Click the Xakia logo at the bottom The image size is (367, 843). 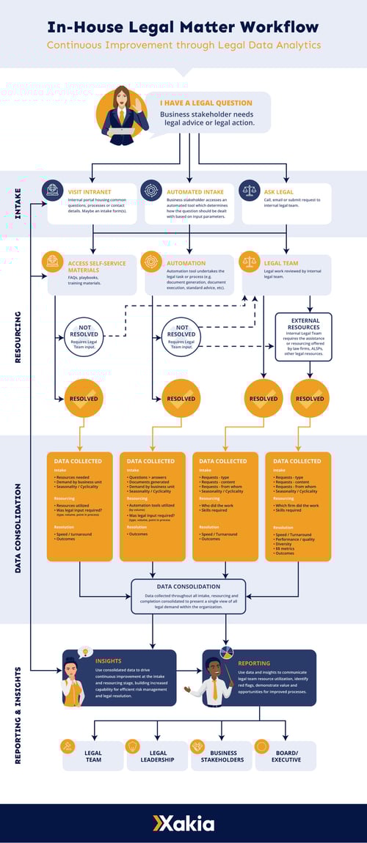click(x=183, y=822)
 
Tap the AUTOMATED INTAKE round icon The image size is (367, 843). click(x=150, y=190)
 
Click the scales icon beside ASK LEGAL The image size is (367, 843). click(x=250, y=190)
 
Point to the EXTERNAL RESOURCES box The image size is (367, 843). click(x=303, y=336)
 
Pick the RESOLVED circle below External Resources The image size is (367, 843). click(x=309, y=399)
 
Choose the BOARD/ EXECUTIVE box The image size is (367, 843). click(x=286, y=757)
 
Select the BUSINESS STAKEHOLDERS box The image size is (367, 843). click(x=222, y=757)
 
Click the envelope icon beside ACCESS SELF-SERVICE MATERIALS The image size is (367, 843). click(x=52, y=261)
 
